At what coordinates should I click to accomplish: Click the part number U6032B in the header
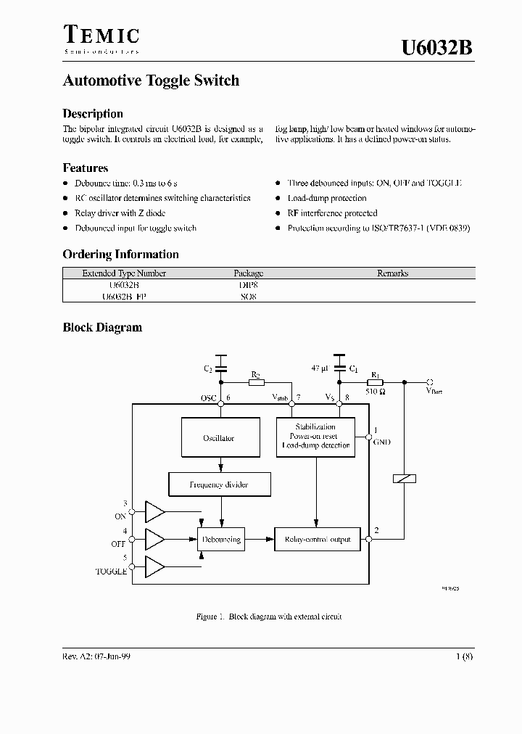(x=438, y=48)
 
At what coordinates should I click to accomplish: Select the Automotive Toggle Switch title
(x=151, y=81)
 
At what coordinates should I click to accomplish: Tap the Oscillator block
(x=219, y=438)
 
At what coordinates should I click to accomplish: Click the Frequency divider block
(x=209, y=484)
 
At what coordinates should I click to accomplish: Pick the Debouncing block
(x=221, y=539)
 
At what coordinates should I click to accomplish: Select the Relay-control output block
(x=318, y=539)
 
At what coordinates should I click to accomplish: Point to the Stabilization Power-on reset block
(x=315, y=437)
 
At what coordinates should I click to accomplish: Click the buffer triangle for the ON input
(x=155, y=511)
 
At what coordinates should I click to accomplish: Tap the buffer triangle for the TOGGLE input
(x=155, y=566)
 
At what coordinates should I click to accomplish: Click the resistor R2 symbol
(x=256, y=383)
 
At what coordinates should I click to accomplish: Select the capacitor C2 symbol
(x=221, y=363)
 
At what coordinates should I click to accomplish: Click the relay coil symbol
(x=402, y=479)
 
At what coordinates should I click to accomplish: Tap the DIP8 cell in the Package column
(x=248, y=285)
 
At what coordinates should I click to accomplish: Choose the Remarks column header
(x=392, y=273)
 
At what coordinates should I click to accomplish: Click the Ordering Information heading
(x=120, y=254)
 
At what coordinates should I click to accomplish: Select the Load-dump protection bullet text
(x=327, y=198)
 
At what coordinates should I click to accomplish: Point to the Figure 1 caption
(x=269, y=617)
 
